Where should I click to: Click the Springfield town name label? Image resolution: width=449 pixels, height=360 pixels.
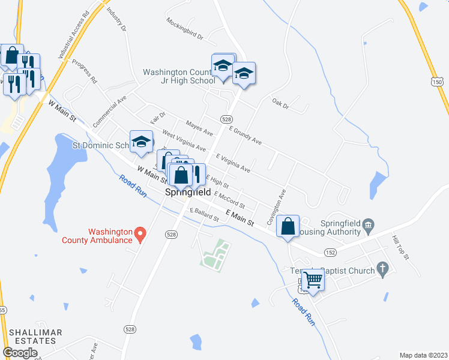coord(187,193)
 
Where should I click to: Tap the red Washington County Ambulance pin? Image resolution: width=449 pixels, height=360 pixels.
coord(140,233)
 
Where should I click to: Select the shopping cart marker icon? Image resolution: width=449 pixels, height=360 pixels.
coord(312,279)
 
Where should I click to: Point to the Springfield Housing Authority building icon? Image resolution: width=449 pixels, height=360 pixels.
coord(368,226)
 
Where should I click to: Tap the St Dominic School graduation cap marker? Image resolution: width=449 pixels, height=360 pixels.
coord(141,142)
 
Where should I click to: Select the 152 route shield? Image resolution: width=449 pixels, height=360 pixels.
coord(330,253)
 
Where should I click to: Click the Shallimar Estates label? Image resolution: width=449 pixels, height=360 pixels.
coord(32,337)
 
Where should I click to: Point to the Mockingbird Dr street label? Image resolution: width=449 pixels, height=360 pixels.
coord(185,28)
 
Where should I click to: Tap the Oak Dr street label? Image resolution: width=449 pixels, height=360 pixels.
coord(280,105)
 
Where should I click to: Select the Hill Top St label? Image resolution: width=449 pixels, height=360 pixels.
coord(400,247)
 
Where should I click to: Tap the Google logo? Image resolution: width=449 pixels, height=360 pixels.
coord(20,353)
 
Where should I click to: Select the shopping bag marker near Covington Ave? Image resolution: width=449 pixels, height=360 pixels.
coord(289,227)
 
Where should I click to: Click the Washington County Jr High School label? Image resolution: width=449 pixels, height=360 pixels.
coord(178,76)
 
